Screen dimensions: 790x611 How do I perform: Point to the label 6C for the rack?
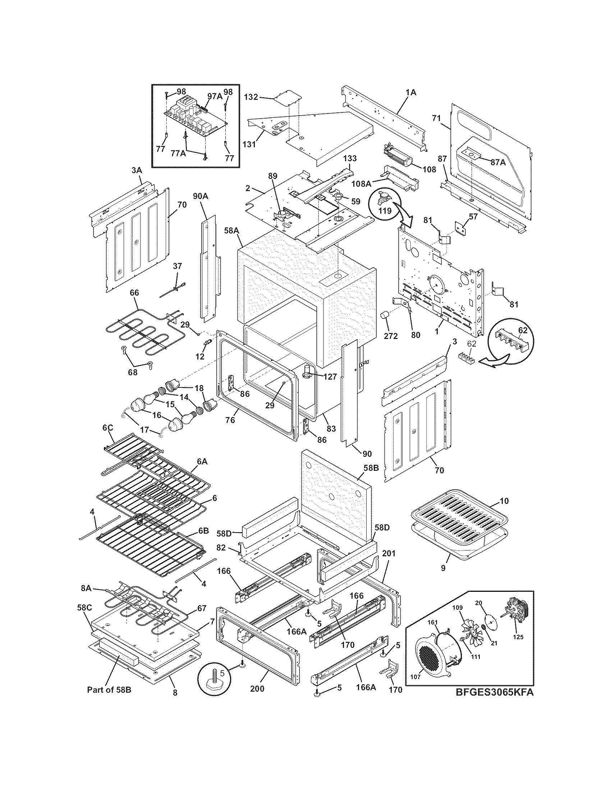click(107, 428)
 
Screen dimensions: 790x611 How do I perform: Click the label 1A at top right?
click(411, 93)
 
